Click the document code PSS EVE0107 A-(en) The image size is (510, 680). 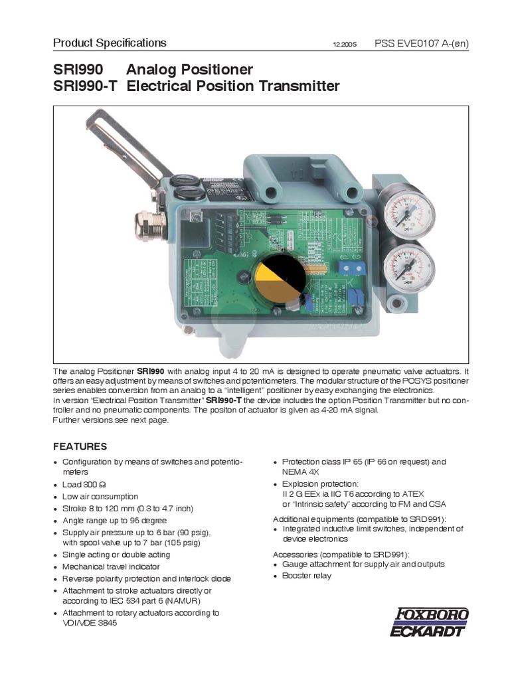coord(422,44)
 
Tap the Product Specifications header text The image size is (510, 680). coord(110,43)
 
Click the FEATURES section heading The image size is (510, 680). coord(80,446)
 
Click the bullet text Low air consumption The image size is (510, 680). coord(100,497)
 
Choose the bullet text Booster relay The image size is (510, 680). coord(306,576)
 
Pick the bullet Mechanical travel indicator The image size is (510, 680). coord(111,566)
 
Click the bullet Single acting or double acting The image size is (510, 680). coord(116,554)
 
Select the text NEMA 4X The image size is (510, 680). coord(299,472)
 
